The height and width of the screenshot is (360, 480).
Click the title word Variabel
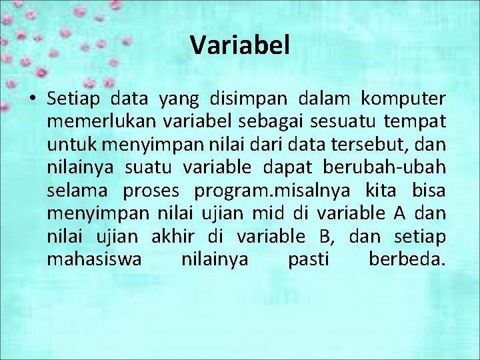pos(240,45)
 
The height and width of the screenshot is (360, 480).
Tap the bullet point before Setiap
pos(32,100)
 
